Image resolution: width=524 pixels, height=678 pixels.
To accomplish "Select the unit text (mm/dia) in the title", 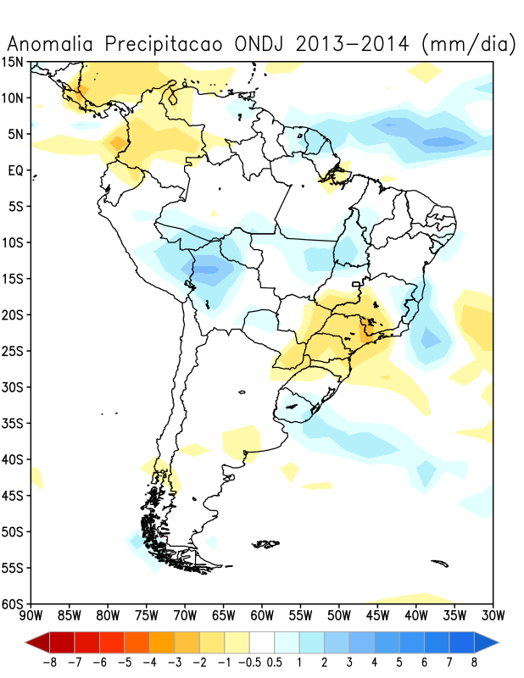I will [467, 44].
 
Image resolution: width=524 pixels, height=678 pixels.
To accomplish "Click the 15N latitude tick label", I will [14, 62].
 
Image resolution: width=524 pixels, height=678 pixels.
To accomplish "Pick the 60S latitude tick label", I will [14, 604].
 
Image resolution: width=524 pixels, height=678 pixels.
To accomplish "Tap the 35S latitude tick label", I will [14, 423].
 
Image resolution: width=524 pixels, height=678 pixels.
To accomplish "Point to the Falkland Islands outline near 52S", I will [267, 543].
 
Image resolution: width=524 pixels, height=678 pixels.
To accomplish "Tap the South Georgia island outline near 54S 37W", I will [439, 561].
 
